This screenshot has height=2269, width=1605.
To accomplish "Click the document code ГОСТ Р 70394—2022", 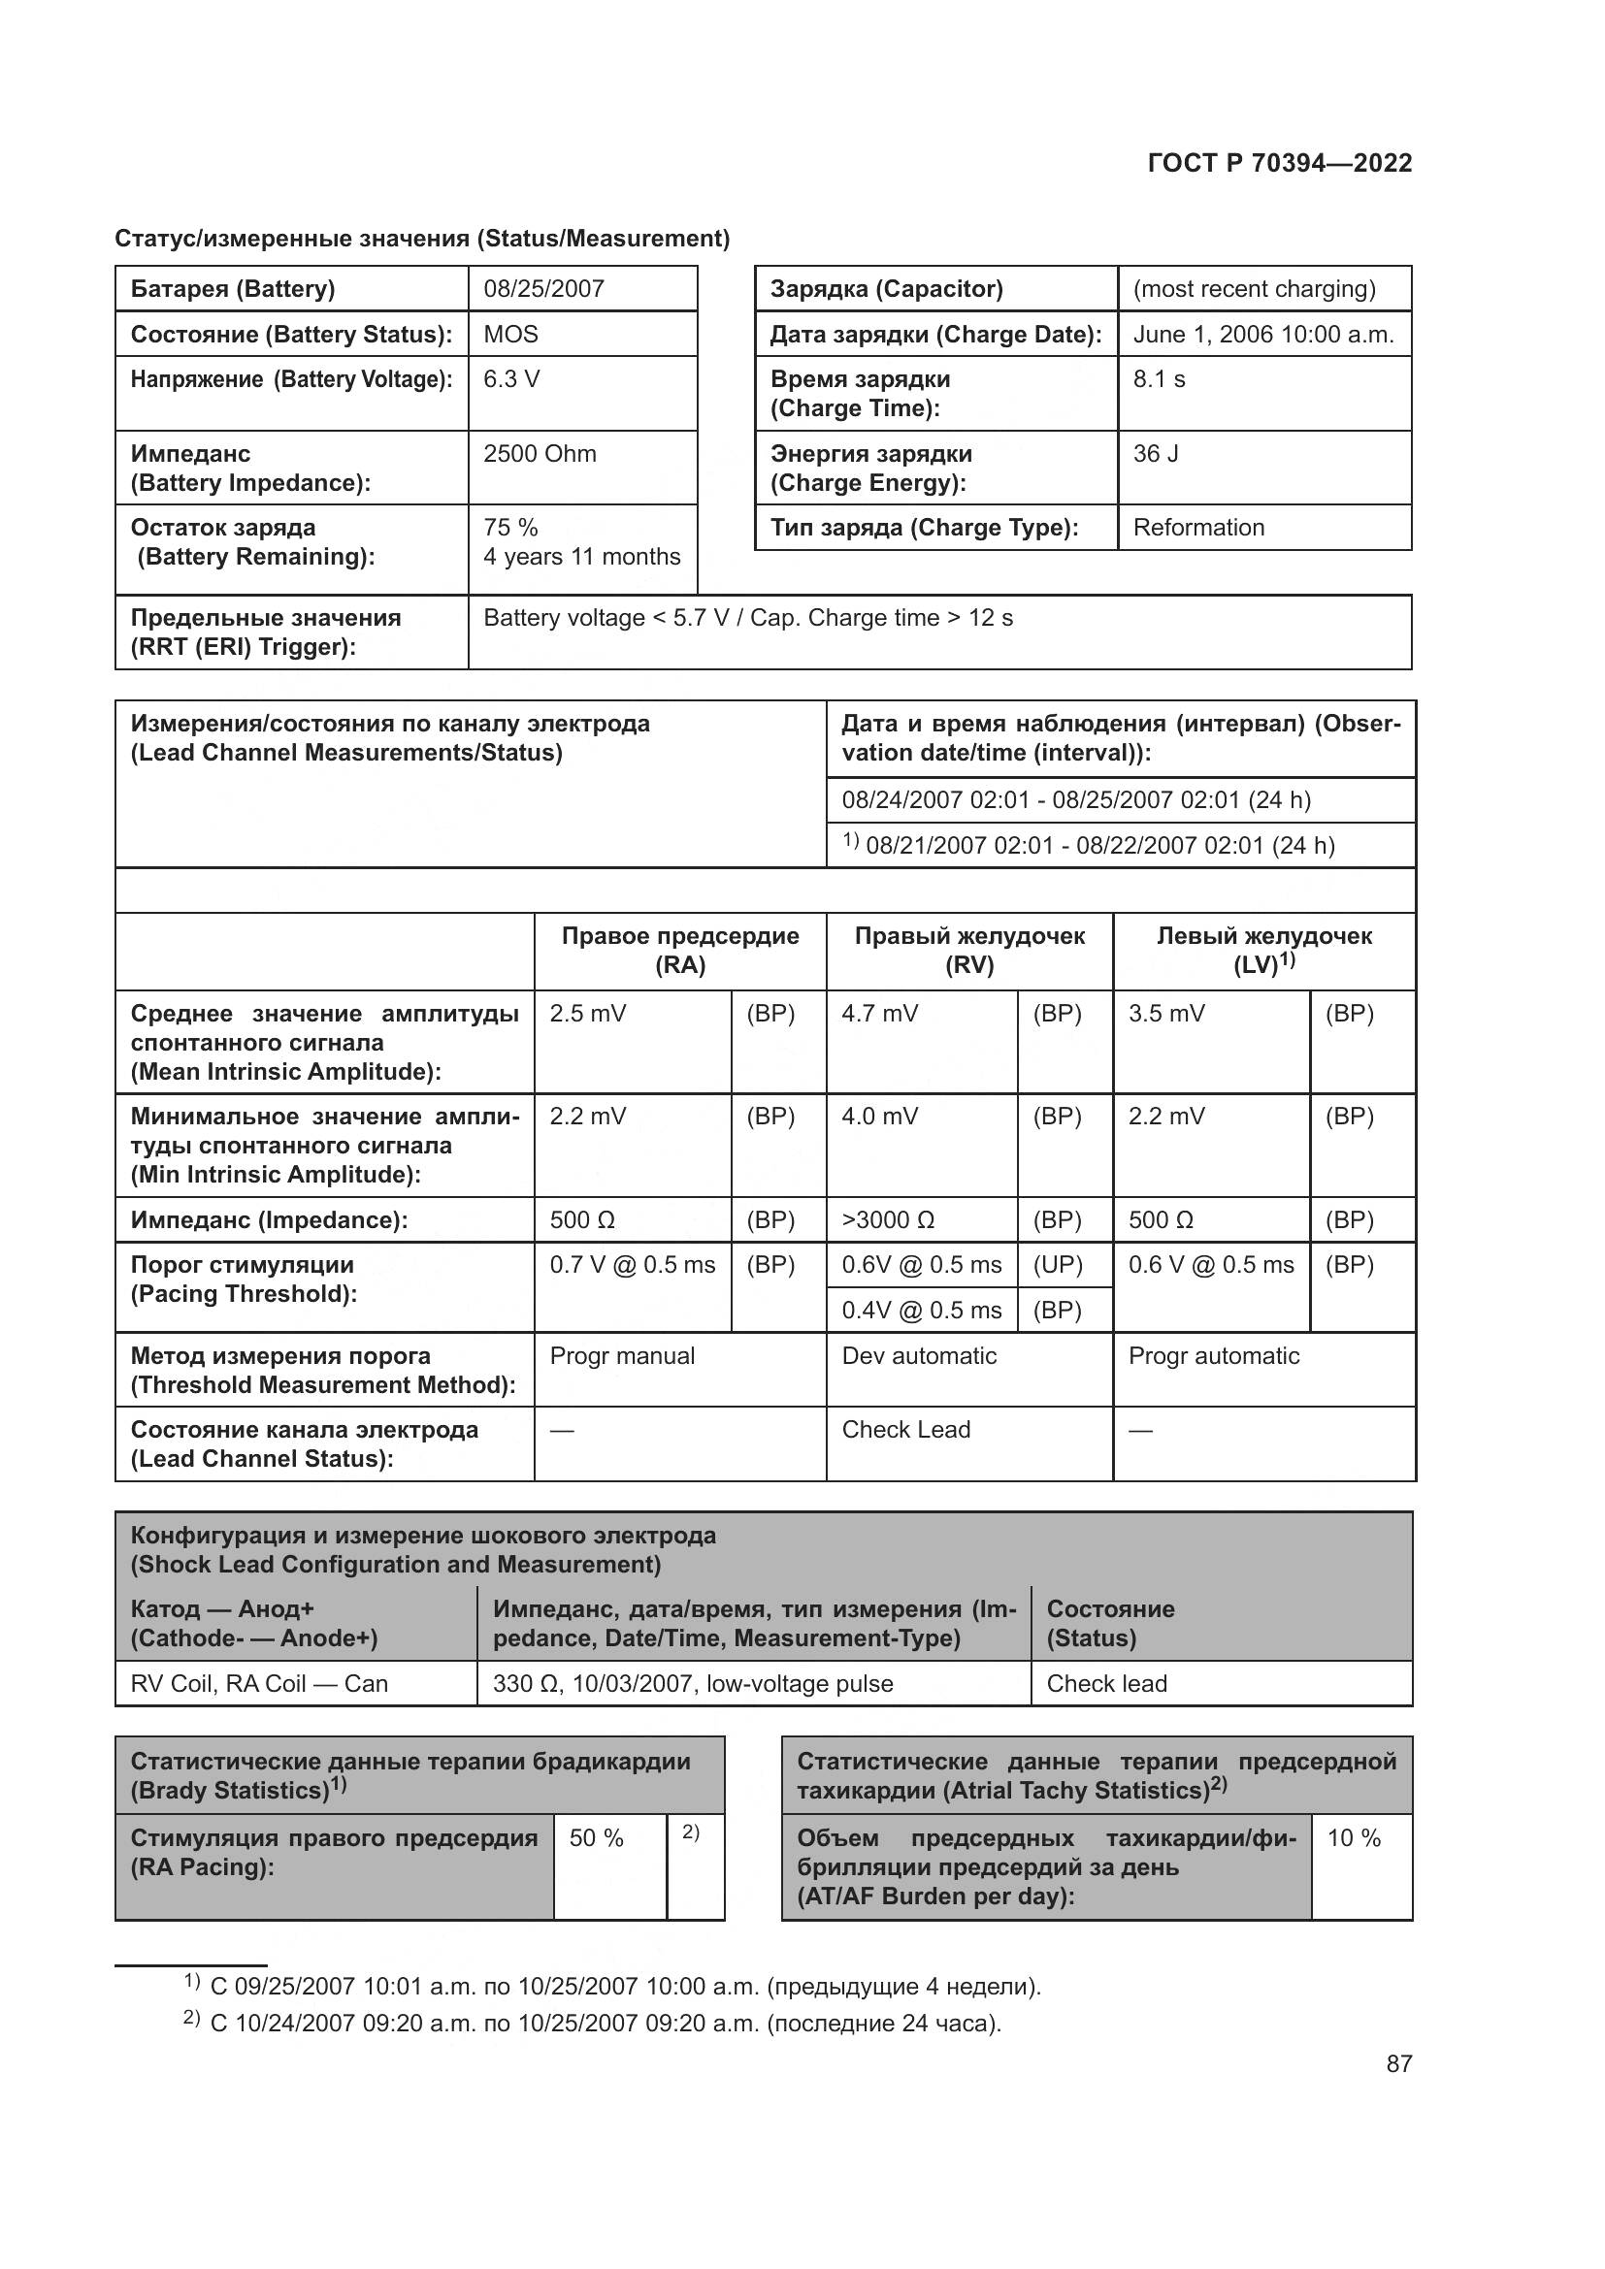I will (1279, 163).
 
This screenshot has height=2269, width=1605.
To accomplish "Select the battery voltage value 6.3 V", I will (511, 379).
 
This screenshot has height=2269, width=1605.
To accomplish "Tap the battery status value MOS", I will (510, 334).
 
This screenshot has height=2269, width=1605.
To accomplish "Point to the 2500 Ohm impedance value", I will (540, 454).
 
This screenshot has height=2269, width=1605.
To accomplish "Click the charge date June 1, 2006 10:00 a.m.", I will (1263, 334).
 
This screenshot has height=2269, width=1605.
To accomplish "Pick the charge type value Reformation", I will (1197, 528).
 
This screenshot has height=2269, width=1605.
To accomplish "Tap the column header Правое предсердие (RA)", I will (680, 950).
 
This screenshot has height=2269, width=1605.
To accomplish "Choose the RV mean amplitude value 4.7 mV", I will (879, 1014).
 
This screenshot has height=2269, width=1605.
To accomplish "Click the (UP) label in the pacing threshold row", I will (1057, 1265).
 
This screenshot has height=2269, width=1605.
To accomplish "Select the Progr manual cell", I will (622, 1356).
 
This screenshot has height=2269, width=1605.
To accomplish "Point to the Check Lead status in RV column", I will (905, 1430).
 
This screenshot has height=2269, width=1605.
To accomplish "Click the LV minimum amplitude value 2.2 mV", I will (1166, 1117).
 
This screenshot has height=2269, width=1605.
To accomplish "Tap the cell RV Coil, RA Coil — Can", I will (259, 1684).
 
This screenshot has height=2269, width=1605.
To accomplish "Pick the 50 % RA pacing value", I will (596, 1838).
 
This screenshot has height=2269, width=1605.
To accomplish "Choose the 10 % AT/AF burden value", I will (1353, 1838).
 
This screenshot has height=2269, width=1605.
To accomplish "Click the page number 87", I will (1398, 2063).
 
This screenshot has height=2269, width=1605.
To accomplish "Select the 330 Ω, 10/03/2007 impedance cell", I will (692, 1684).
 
